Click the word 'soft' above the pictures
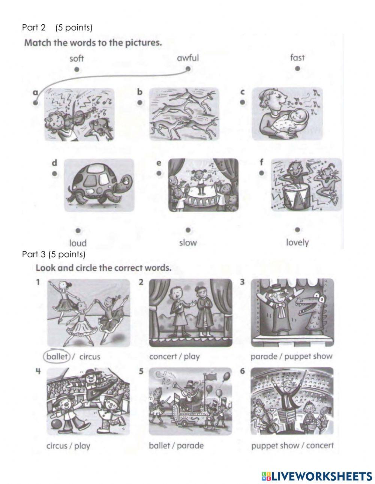pos(76,58)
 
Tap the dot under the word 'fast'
pos(297,69)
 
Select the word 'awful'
pos(188,58)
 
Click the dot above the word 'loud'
pos(78,231)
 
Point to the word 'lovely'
pos(297,243)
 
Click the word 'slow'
pos(188,243)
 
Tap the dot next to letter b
pos(139,102)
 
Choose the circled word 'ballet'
pos(57,357)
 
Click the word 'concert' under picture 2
pos(163,357)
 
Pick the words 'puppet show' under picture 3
pos(308,357)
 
